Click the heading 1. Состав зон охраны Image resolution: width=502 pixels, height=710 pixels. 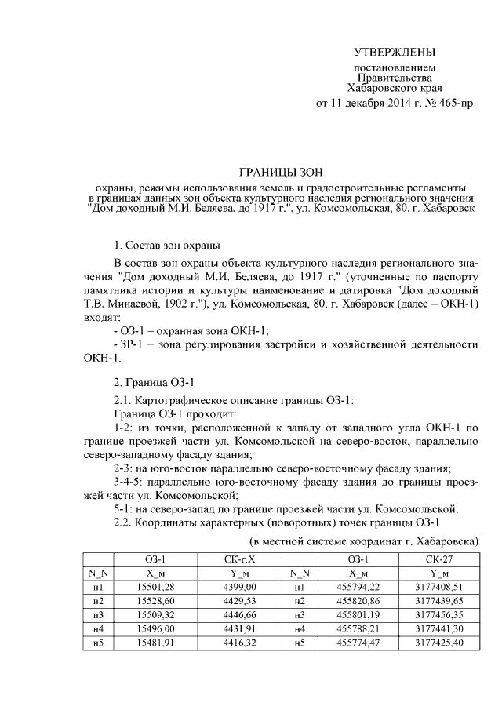pyautogui.click(x=167, y=246)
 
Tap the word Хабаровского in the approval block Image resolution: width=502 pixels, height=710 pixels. pyautogui.click(x=378, y=89)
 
